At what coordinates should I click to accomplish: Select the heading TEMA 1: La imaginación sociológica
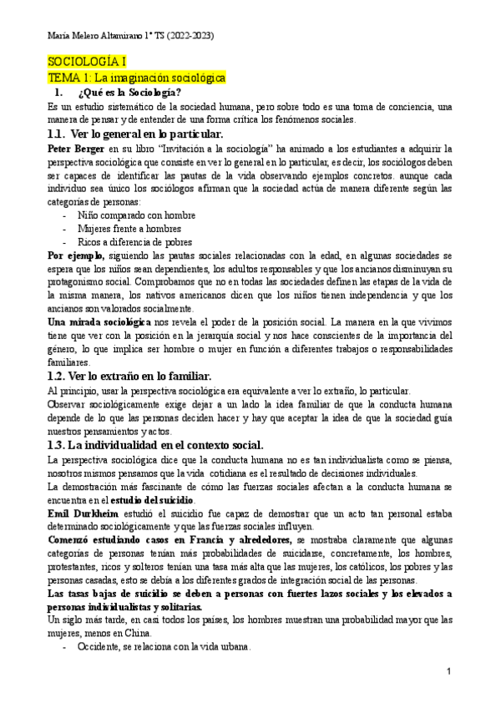[136, 77]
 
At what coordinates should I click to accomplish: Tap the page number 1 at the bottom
[448, 670]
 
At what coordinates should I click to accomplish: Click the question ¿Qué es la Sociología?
[129, 92]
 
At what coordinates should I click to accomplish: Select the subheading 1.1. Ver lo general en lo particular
[135, 134]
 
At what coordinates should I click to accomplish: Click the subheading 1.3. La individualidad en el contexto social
[156, 445]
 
